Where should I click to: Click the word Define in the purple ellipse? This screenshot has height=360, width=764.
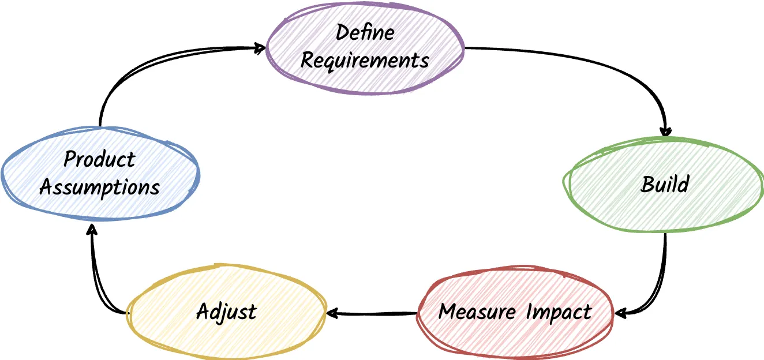(365, 32)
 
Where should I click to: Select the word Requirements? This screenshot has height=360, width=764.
(365, 60)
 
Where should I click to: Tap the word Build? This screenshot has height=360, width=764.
(665, 185)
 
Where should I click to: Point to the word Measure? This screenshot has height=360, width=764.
(477, 312)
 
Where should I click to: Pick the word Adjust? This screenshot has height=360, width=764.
(226, 312)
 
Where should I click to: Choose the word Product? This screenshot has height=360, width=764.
(99, 159)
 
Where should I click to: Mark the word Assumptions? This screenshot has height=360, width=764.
(99, 187)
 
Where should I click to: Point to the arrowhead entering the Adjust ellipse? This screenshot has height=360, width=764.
(332, 313)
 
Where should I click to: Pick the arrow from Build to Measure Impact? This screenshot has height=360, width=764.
(661, 283)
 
